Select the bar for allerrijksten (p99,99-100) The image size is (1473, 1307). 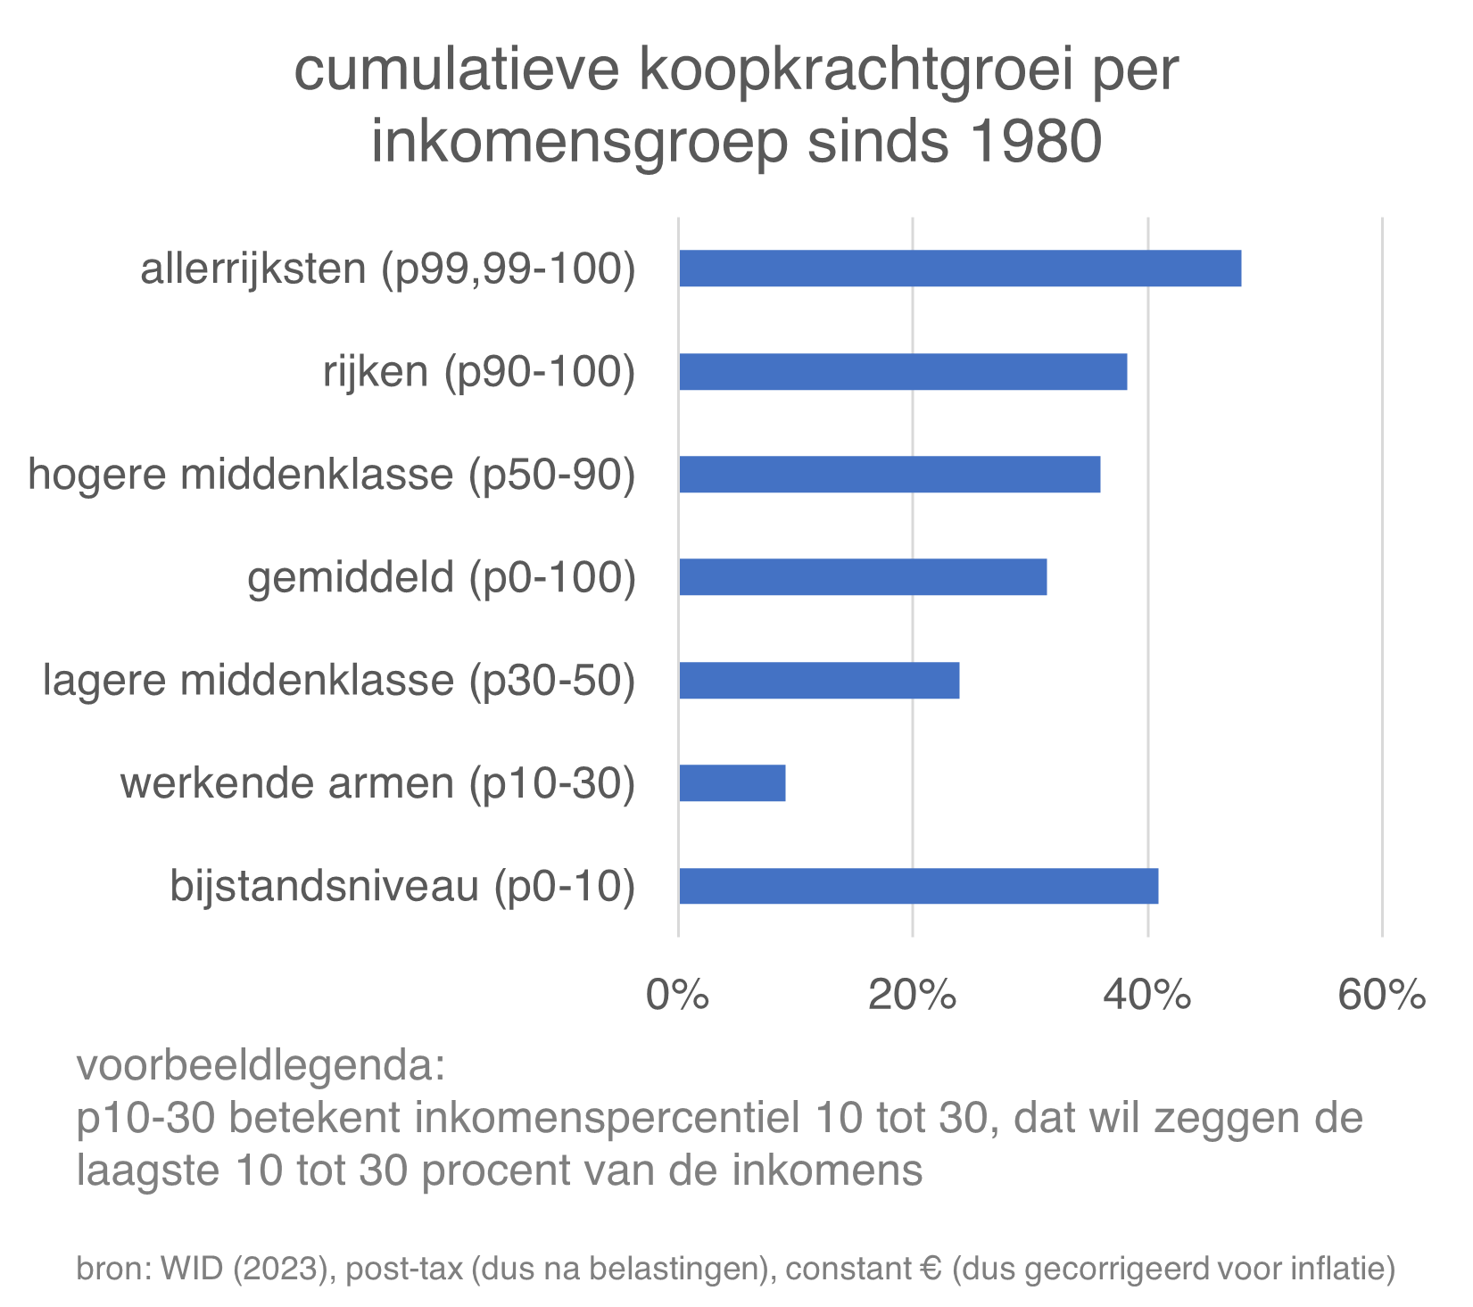point(959,269)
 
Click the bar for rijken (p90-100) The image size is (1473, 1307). point(903,372)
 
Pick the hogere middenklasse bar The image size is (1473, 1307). point(890,475)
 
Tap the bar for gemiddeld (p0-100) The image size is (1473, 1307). point(863,577)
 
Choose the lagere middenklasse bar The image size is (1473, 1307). point(819,681)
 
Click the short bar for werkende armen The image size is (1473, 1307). point(732,783)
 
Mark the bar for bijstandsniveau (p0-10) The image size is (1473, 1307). point(918,886)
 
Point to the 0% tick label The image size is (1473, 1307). point(678,994)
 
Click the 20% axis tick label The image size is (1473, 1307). point(912,994)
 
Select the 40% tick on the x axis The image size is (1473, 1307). point(1146,994)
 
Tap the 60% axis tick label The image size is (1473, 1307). point(1381,994)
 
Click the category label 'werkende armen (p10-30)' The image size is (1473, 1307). point(377,783)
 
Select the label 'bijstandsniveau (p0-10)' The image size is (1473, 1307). point(402,886)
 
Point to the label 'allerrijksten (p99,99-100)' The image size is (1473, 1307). point(387,269)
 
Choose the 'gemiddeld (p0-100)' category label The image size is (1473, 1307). point(442,577)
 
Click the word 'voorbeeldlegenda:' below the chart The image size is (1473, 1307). point(261,1065)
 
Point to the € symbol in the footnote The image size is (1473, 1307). point(931,1268)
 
